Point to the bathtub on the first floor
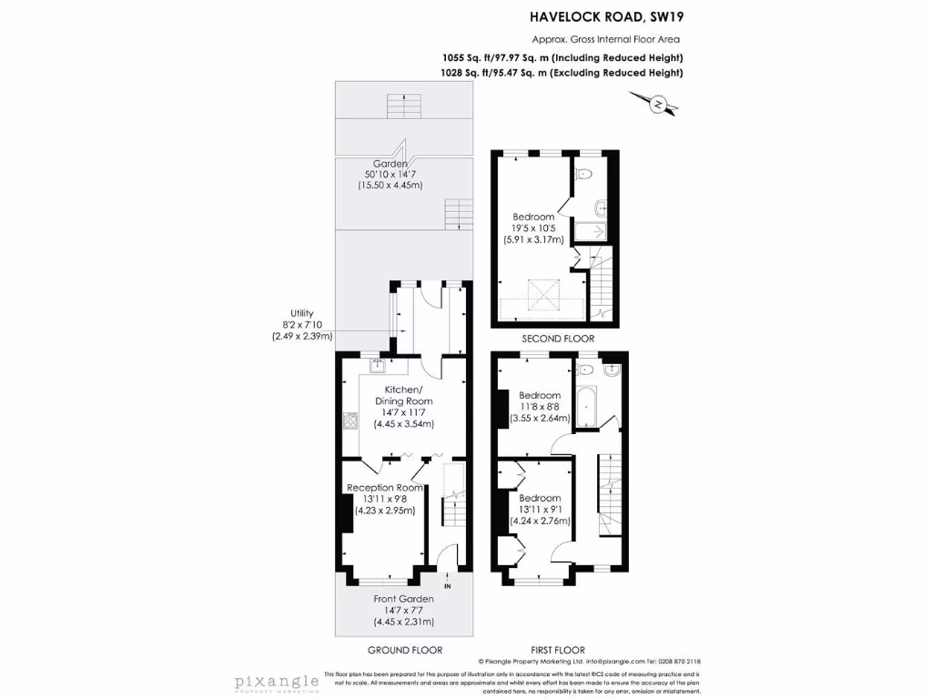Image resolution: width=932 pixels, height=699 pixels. point(587,405)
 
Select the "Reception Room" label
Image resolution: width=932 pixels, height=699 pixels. point(384,488)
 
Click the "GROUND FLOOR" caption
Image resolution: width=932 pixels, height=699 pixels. point(404,650)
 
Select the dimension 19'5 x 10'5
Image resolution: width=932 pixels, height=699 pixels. point(533,228)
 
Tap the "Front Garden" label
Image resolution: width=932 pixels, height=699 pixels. point(403,599)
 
